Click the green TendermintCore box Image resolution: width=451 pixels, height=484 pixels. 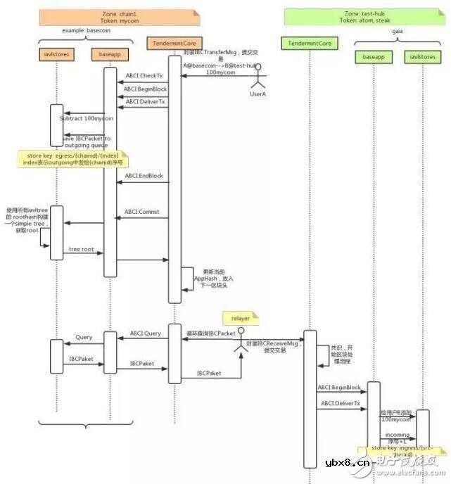pyautogui.click(x=310, y=44)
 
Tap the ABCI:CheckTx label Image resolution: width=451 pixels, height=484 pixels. pyautogui.click(x=144, y=76)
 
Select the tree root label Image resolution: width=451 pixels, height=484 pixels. pyautogui.click(x=82, y=250)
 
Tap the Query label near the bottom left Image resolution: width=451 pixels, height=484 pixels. pyautogui.click(x=84, y=338)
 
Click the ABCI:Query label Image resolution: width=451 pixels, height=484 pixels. pyautogui.click(x=145, y=333)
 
